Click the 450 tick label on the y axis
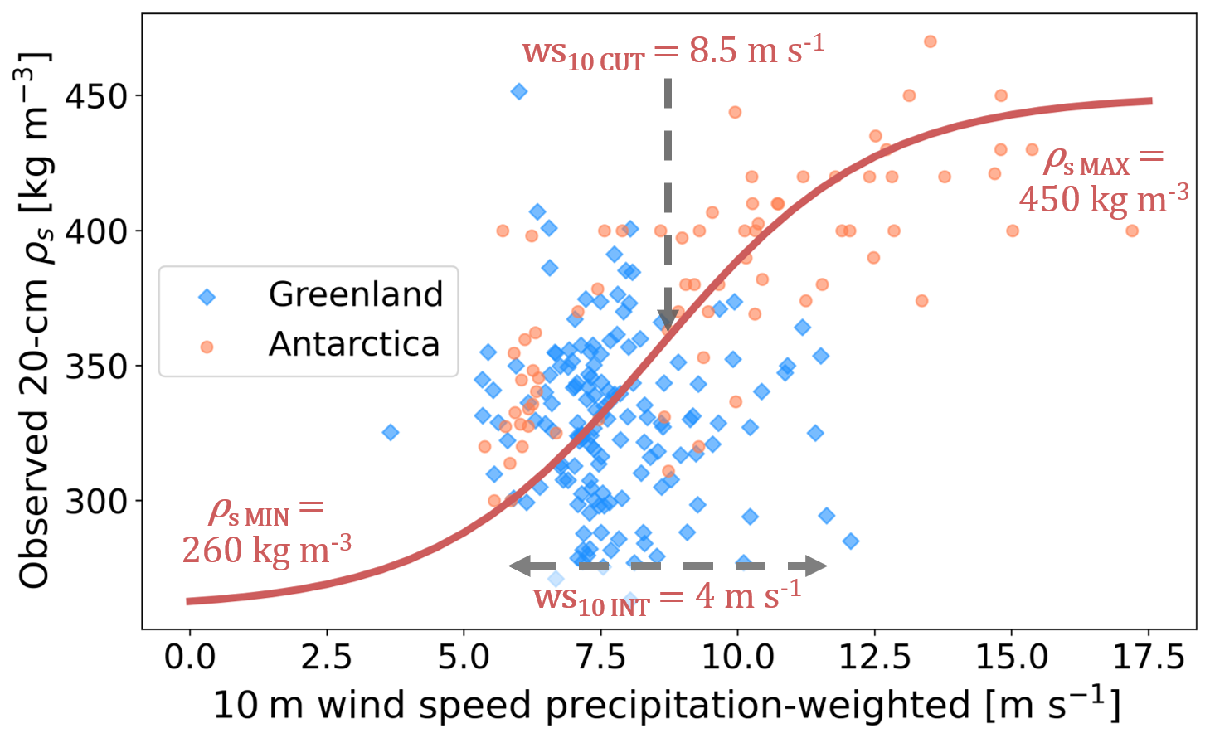(x=95, y=96)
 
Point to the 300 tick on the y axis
(x=138, y=501)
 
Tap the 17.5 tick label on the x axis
(x=1149, y=658)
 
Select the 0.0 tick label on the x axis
(x=190, y=658)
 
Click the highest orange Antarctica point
(x=930, y=41)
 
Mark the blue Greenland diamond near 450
(x=519, y=91)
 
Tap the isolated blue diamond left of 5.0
(x=391, y=432)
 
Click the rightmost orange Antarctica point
(x=1132, y=231)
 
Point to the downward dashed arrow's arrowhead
(x=668, y=321)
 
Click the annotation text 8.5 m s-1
(x=756, y=51)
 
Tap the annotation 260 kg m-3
(x=267, y=550)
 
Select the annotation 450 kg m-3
(x=1104, y=199)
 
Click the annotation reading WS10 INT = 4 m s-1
(x=667, y=598)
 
